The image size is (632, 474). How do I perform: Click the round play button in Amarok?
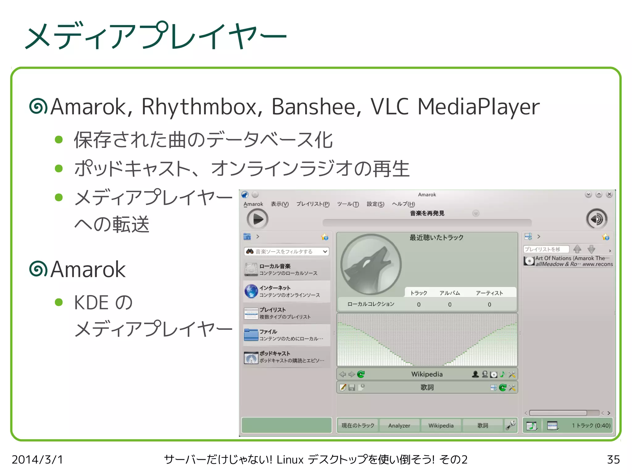257,219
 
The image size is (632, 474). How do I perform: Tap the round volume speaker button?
597,219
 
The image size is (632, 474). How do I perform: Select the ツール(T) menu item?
348,204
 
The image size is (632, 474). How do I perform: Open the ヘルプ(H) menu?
403,204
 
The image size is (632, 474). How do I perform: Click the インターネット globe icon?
251,291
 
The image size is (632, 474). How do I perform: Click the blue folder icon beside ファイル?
251,335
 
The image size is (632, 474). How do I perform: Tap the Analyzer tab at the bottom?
399,426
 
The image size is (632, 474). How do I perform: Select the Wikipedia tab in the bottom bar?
441,426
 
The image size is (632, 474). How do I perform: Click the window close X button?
609,194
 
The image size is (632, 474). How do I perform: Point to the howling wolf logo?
370,264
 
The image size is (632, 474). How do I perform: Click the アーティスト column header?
489,293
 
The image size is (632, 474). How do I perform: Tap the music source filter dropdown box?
286,251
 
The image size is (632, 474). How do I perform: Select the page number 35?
613,459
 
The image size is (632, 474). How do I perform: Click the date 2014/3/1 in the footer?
37,459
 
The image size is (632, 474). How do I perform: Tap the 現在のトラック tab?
358,426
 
